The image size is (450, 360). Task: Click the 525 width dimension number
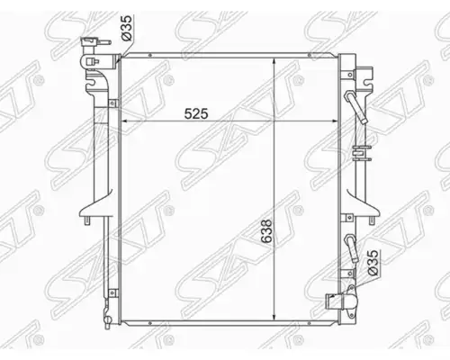pyautogui.click(x=196, y=113)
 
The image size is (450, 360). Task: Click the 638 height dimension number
pyautogui.click(x=266, y=231)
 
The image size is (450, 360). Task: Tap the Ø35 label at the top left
pyautogui.click(x=126, y=28)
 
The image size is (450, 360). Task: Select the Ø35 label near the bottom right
pyautogui.click(x=373, y=263)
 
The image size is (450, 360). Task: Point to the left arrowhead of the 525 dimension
pyautogui.click(x=123, y=121)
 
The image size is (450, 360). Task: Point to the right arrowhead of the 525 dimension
pyautogui.click(x=334, y=121)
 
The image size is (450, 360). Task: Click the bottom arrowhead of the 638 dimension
pyautogui.click(x=274, y=317)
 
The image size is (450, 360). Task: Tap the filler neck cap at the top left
pyautogui.click(x=91, y=42)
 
